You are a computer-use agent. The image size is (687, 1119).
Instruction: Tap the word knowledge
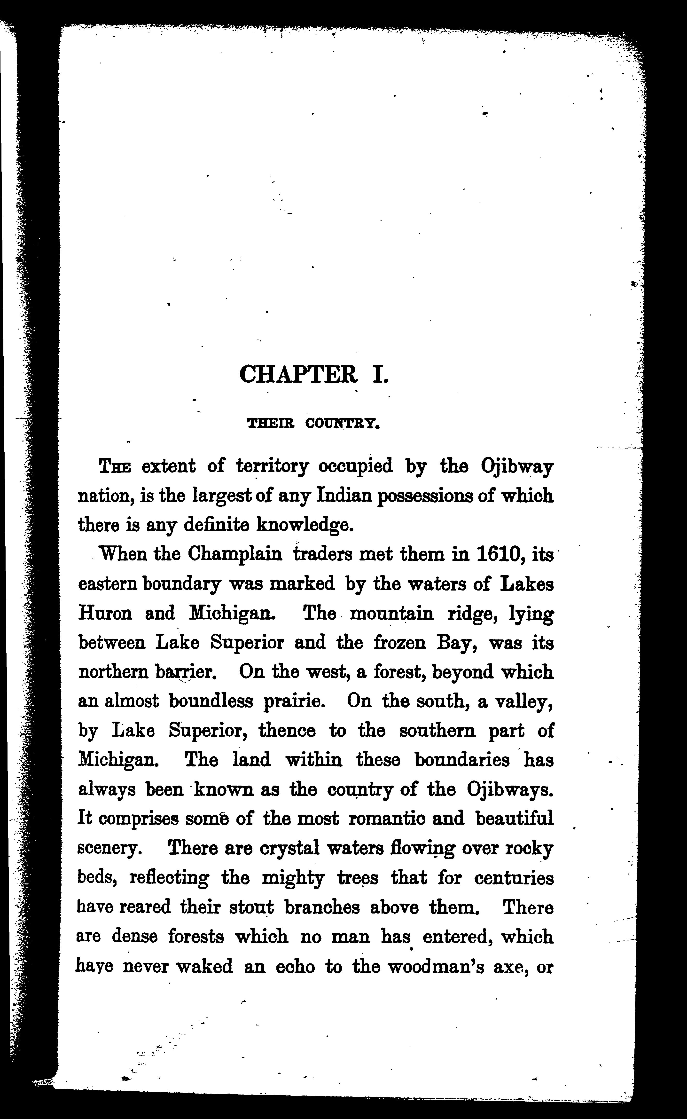pyautogui.click(x=305, y=525)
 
